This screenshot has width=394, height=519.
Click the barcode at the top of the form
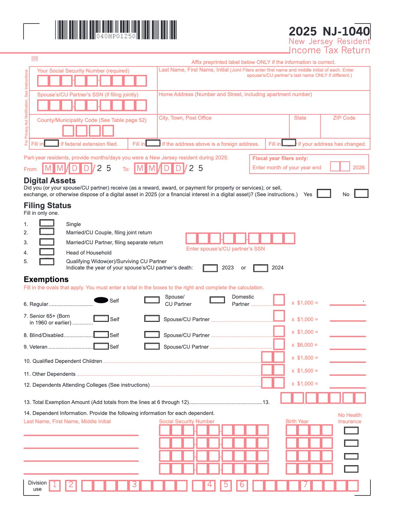(116, 30)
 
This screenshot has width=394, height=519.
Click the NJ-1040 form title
(329, 31)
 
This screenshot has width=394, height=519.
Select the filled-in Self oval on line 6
(101, 300)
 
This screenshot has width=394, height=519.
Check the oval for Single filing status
(47, 223)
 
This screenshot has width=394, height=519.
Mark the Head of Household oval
(47, 252)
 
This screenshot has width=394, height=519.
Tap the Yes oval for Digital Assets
(324, 194)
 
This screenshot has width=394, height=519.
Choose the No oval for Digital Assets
(361, 194)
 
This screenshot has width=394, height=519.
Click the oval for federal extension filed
(52, 143)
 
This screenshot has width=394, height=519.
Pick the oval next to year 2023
(210, 268)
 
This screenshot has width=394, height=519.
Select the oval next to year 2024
(260, 268)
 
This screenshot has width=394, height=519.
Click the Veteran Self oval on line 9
(101, 346)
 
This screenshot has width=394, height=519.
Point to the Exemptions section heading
(46, 279)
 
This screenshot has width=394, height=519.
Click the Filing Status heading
(47, 205)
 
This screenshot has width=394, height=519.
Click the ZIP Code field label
(344, 118)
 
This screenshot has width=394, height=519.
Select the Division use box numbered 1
(55, 486)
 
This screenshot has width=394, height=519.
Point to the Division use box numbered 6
(242, 485)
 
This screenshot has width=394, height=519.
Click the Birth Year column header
(297, 422)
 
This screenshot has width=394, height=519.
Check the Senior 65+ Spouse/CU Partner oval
(152, 318)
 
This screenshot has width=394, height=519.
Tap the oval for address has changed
(289, 143)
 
